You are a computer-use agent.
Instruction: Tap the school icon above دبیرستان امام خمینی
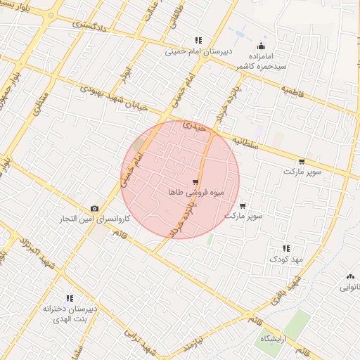click(198, 40)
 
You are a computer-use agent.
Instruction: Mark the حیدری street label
click(193, 127)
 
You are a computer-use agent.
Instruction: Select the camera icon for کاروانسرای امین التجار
click(94, 208)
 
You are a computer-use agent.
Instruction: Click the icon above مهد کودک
click(286, 248)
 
